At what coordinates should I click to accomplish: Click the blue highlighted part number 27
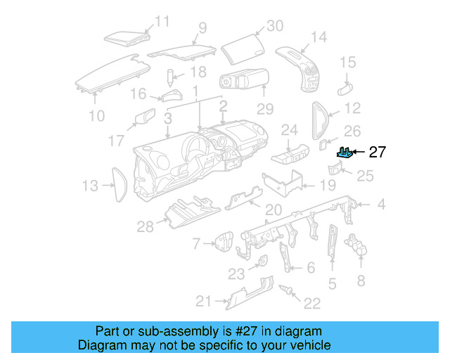point(345,152)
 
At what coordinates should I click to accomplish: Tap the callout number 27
point(378,152)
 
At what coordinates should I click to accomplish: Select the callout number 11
point(162,22)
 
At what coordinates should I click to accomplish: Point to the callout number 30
point(274,26)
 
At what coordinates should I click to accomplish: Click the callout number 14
point(319,37)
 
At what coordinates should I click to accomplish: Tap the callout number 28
point(146,226)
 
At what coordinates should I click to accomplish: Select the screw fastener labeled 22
point(287,291)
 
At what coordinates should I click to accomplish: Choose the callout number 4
point(381,205)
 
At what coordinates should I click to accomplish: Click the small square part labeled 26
point(323,145)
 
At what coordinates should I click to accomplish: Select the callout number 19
point(328,186)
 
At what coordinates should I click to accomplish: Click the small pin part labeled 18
point(170,75)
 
